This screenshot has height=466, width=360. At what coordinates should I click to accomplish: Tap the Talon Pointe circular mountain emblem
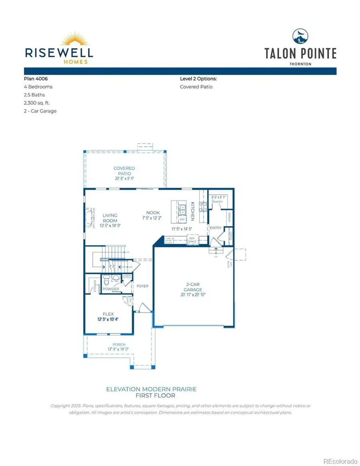pyautogui.click(x=300, y=36)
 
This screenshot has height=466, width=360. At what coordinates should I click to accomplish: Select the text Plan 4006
pyautogui.click(x=36, y=79)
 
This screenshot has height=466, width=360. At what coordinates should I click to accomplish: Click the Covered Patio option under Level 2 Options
pyautogui.click(x=196, y=87)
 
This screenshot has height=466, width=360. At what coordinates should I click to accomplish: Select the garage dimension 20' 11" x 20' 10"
pyautogui.click(x=193, y=295)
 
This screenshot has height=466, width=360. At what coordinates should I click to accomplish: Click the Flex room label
pyautogui.click(x=108, y=314)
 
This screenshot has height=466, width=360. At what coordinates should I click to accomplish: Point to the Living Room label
pyautogui.click(x=110, y=218)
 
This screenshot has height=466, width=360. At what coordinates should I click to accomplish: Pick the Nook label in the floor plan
pyautogui.click(x=153, y=213)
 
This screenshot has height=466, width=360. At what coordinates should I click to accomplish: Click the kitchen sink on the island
pyautogui.click(x=181, y=207)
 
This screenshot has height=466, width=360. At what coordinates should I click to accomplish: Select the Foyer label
pyautogui.click(x=142, y=286)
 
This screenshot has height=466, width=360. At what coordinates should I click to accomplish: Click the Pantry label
pyautogui.click(x=217, y=202)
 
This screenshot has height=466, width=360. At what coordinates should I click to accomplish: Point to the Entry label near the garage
pyautogui.click(x=216, y=228)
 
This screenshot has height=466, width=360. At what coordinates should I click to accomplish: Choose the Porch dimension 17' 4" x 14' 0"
pyautogui.click(x=119, y=350)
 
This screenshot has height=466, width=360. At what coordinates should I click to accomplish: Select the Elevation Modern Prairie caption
pyautogui.click(x=151, y=389)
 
